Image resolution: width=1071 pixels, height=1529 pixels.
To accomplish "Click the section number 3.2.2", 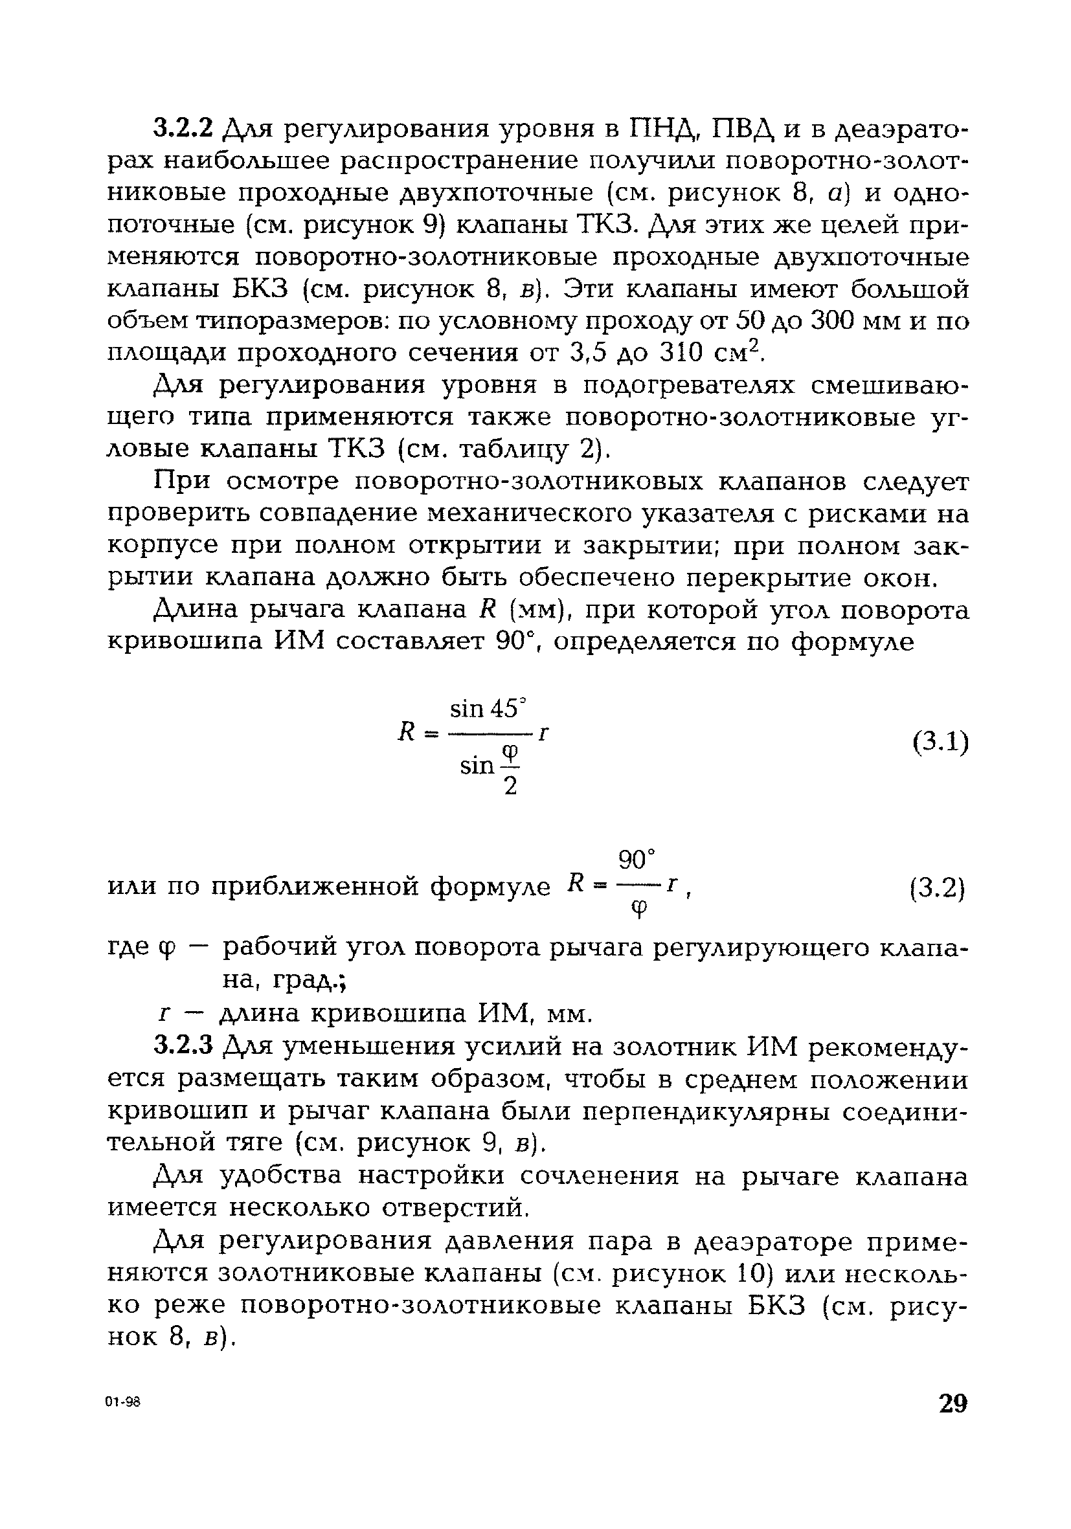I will (x=183, y=127).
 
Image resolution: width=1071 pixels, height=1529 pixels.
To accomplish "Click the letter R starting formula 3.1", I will (x=406, y=733).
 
